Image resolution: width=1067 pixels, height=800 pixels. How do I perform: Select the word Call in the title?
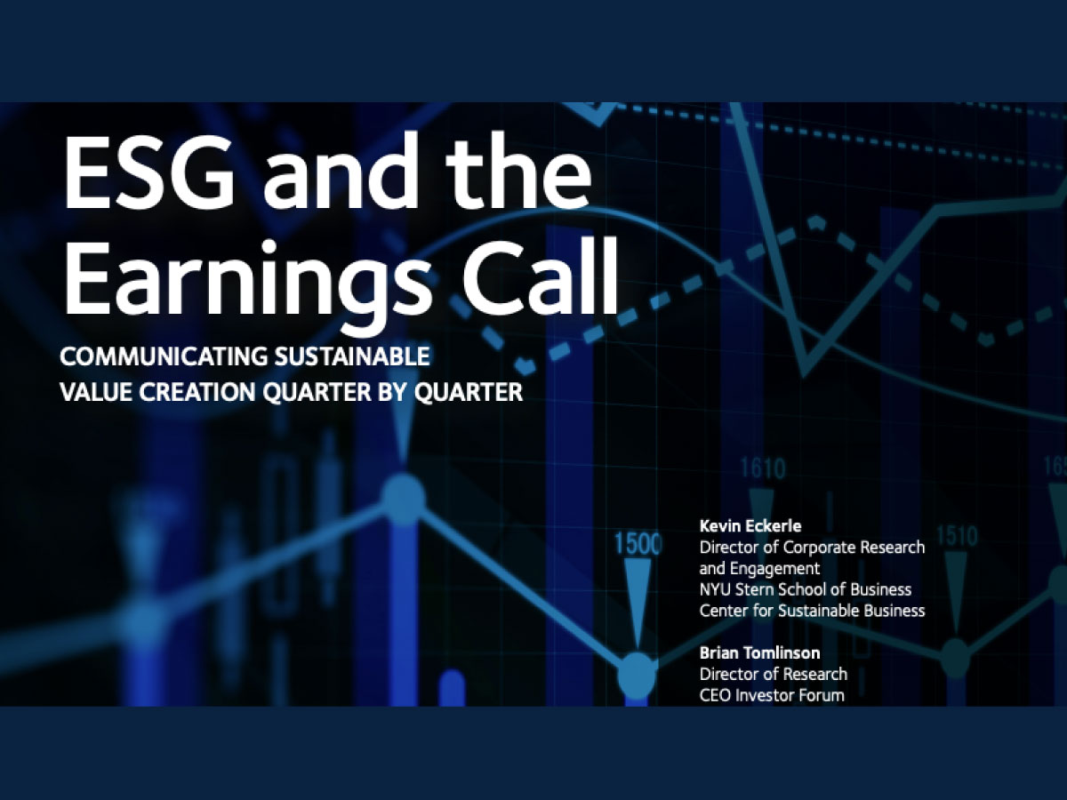[540, 276]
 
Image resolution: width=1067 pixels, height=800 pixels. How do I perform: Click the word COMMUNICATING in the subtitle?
[164, 356]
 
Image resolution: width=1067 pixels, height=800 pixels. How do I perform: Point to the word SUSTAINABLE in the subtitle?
[352, 356]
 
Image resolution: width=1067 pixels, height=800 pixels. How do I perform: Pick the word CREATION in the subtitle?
[197, 392]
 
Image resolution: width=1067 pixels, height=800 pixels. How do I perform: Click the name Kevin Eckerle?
[750, 525]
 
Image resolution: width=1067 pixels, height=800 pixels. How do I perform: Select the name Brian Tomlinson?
[759, 652]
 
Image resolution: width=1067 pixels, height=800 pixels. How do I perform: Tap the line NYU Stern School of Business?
[806, 589]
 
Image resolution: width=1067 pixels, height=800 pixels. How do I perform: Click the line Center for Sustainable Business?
[813, 611]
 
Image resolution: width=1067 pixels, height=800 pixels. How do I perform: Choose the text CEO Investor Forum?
[772, 696]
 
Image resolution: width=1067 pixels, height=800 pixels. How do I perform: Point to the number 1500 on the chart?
[638, 543]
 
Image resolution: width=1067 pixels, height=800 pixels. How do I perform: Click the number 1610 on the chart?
[763, 468]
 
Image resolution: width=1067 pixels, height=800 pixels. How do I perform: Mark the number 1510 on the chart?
[957, 536]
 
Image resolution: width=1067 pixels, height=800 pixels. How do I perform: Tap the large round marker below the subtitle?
[403, 499]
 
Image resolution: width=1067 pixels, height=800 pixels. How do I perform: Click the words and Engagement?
[759, 568]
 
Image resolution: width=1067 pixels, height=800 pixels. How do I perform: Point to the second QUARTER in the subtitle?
[468, 392]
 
